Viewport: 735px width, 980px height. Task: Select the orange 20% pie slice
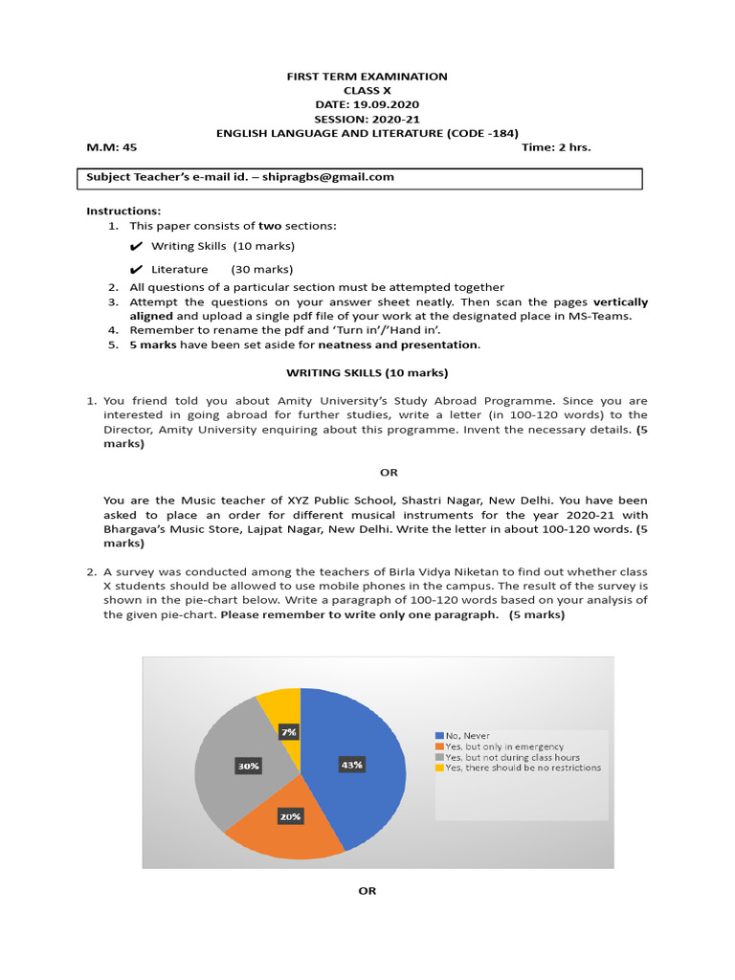pyautogui.click(x=287, y=823)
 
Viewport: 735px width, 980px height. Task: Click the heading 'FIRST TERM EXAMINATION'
pyautogui.click(x=367, y=77)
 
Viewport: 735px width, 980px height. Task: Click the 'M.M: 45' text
pyautogui.click(x=112, y=147)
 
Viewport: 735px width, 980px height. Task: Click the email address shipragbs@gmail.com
pyautogui.click(x=327, y=177)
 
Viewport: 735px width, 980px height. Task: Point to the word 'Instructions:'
pyautogui.click(x=123, y=211)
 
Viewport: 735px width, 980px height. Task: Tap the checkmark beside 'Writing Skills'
pyautogui.click(x=136, y=247)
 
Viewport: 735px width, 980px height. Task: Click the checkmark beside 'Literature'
pyautogui.click(x=136, y=270)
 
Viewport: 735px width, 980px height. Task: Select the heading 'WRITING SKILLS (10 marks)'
pyautogui.click(x=367, y=372)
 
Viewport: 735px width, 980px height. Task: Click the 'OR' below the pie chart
pyautogui.click(x=367, y=890)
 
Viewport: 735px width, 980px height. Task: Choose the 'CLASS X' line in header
pyautogui.click(x=367, y=90)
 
